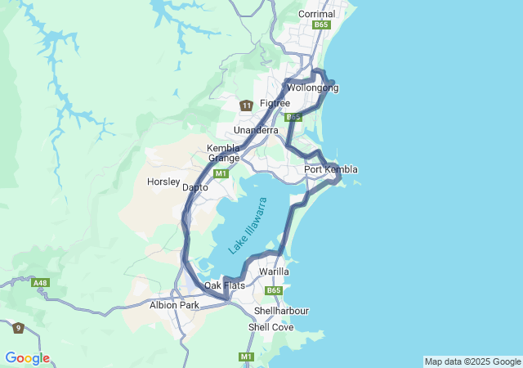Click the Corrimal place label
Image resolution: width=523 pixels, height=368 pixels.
tap(317, 14)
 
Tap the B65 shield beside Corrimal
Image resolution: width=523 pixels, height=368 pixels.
tap(322, 25)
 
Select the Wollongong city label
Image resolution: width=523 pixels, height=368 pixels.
tap(312, 88)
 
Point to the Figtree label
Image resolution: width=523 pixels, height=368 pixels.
tap(275, 103)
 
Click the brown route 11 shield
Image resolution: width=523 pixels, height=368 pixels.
tap(246, 105)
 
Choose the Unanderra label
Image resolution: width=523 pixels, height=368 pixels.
tap(256, 130)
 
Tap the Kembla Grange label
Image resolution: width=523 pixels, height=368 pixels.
tap(223, 153)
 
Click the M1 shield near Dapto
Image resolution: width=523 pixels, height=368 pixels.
tap(221, 173)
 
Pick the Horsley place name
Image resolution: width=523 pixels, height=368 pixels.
tap(163, 182)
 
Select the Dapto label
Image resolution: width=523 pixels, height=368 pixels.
tap(195, 187)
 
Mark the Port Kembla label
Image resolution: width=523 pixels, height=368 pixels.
tap(330, 169)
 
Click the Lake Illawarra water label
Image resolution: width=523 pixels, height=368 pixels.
tap(248, 225)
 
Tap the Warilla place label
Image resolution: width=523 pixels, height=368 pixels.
tap(274, 271)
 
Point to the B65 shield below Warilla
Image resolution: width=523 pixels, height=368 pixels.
tap(274, 290)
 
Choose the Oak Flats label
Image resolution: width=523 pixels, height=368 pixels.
tap(224, 285)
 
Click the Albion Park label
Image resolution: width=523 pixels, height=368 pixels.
tap(174, 305)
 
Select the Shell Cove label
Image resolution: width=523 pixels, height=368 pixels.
tap(270, 327)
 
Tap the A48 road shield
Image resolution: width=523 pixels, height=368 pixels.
tap(40, 283)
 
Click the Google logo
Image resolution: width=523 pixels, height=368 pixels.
tap(27, 358)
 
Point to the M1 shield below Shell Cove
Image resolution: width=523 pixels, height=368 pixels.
tap(246, 357)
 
